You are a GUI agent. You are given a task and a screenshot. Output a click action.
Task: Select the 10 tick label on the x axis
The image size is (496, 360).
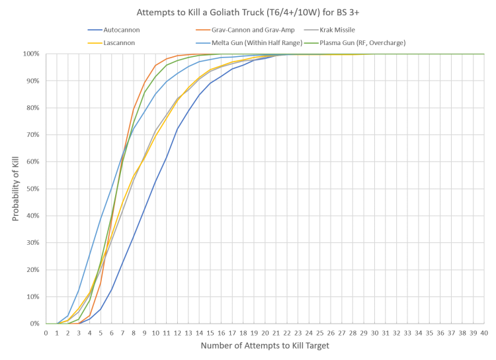click(155, 333)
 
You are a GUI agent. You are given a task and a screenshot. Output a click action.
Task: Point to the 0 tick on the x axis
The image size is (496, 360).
click(46, 333)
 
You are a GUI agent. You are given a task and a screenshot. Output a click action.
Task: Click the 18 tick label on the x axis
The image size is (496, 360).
click(243, 333)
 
